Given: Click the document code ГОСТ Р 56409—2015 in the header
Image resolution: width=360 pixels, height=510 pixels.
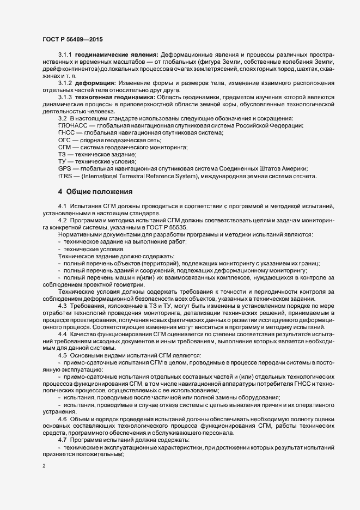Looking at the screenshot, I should pyautogui.click(x=72, y=40).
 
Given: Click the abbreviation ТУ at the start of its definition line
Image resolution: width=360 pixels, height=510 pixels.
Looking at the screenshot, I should pyautogui.click(x=62, y=162).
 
